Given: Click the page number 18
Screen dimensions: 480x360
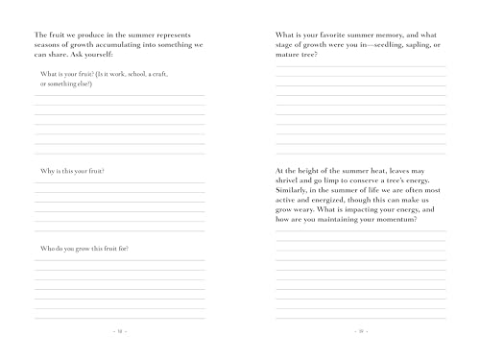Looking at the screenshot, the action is point(120,331).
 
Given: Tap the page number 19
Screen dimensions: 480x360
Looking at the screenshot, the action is point(360,331).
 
